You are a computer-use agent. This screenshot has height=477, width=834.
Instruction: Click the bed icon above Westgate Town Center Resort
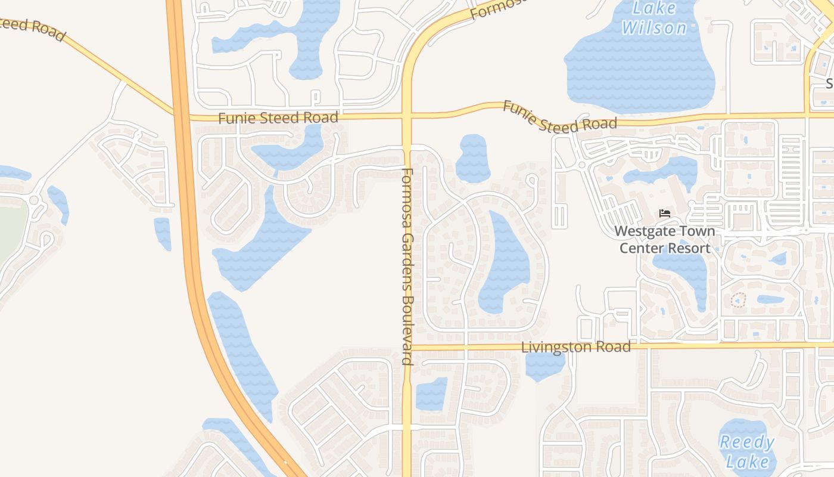pyautogui.click(x=665, y=213)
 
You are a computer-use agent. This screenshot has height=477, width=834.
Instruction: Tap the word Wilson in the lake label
pyautogui.click(x=654, y=28)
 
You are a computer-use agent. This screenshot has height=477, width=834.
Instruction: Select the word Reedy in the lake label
pyautogui.click(x=746, y=442)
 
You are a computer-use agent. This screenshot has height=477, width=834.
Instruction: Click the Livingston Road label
pyautogui.click(x=575, y=347)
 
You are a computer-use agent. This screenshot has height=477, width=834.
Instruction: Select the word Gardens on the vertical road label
pyautogui.click(x=407, y=258)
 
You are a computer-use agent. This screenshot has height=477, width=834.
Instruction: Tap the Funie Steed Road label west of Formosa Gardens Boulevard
pyautogui.click(x=278, y=117)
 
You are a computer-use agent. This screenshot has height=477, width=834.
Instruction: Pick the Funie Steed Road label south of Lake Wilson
pyautogui.click(x=559, y=117)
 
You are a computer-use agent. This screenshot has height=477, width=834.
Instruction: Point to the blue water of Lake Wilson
pyautogui.click(x=637, y=72)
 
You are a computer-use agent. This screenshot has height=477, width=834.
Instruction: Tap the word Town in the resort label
pyautogui.click(x=698, y=231)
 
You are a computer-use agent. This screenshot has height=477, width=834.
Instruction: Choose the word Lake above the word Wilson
pyautogui.click(x=653, y=8)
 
